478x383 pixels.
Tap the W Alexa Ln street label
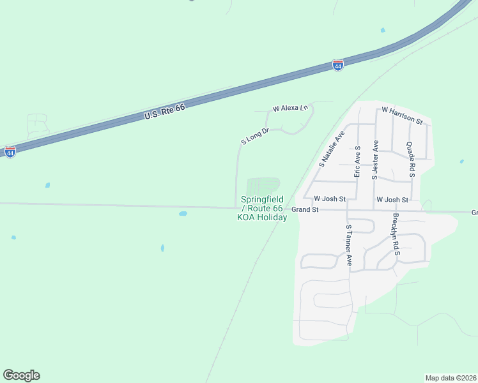click(x=290, y=109)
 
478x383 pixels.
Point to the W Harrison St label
click(x=402, y=115)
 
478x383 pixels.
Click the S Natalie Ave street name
click(x=332, y=148)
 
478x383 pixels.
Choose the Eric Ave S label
click(x=358, y=161)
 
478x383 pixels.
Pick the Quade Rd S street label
click(x=411, y=158)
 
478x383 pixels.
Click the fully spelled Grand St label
click(x=305, y=209)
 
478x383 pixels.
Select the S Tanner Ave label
click(x=349, y=245)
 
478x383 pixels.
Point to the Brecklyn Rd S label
click(x=396, y=235)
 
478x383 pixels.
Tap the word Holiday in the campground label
click(x=273, y=218)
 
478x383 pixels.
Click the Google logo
click(x=21, y=375)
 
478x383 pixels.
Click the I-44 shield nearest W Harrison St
click(x=338, y=65)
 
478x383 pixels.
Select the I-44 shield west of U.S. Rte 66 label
click(x=10, y=153)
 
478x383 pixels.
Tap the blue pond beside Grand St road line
click(x=183, y=213)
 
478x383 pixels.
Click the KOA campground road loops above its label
click(x=263, y=186)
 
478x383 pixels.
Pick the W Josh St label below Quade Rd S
click(x=392, y=200)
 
